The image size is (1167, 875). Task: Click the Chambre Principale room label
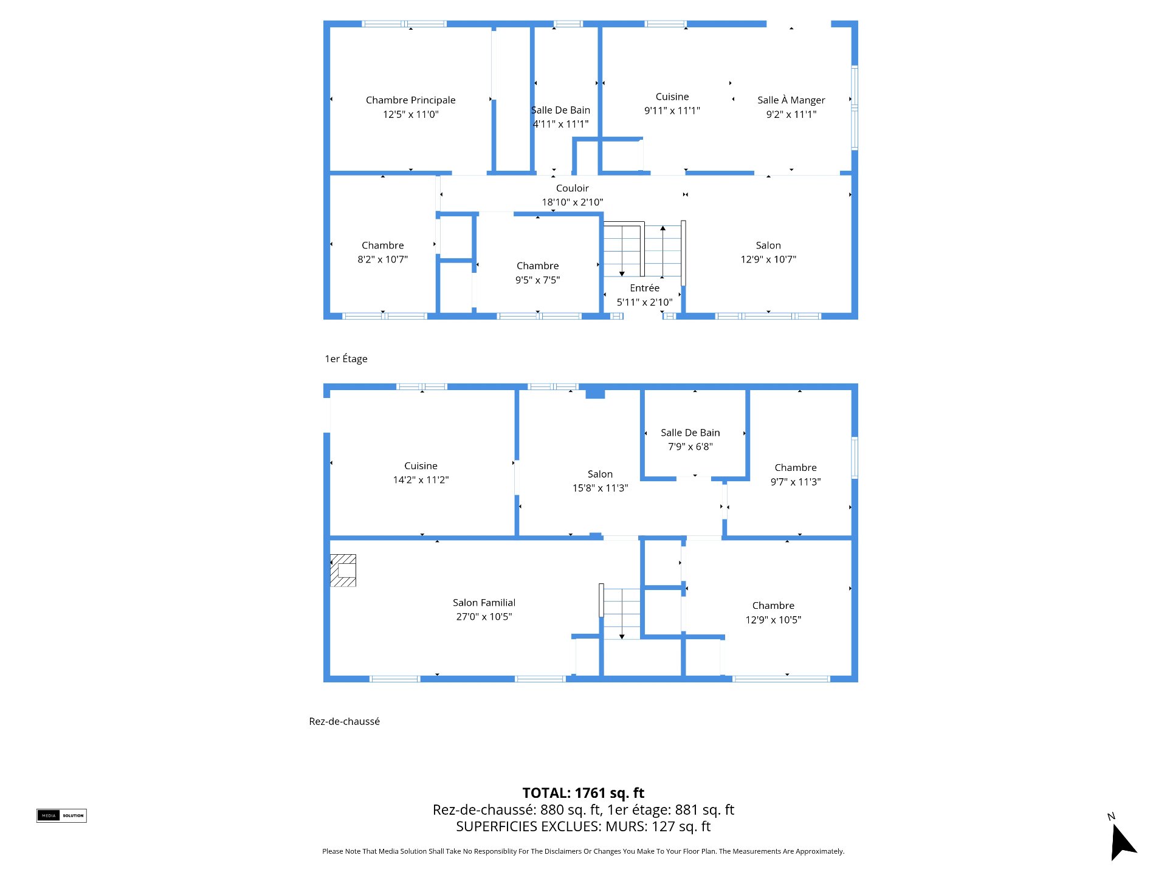coord(410,100)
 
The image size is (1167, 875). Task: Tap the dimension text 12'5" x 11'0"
coord(410,114)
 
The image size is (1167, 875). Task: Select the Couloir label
coord(572,188)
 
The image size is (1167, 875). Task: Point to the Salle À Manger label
coord(791,100)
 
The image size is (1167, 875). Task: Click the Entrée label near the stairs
coord(644,288)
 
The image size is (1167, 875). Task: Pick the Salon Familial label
coord(484,603)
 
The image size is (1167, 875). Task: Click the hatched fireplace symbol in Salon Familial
coord(343,571)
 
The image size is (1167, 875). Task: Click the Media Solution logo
coord(61,815)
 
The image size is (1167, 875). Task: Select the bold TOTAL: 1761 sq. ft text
coord(583,793)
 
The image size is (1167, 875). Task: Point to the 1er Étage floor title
coord(346,359)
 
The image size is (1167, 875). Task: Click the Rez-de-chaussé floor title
coord(344,721)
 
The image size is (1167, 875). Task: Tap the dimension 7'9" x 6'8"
coord(690,447)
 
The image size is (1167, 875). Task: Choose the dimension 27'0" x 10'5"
coord(484,617)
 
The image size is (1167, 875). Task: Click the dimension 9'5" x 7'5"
coord(537,280)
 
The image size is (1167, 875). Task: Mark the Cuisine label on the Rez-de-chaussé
coord(421,466)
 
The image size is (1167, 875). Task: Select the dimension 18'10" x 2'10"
coord(572,202)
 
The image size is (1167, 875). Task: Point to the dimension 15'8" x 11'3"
coord(600,488)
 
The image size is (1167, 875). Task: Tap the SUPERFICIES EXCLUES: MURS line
coord(583,826)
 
